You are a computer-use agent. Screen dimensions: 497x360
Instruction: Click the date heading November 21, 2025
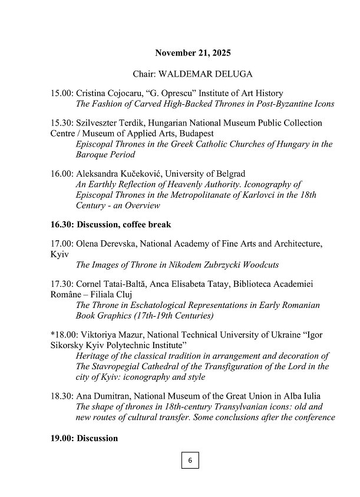click(193, 53)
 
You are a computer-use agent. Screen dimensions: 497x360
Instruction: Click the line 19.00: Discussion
click(84, 438)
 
